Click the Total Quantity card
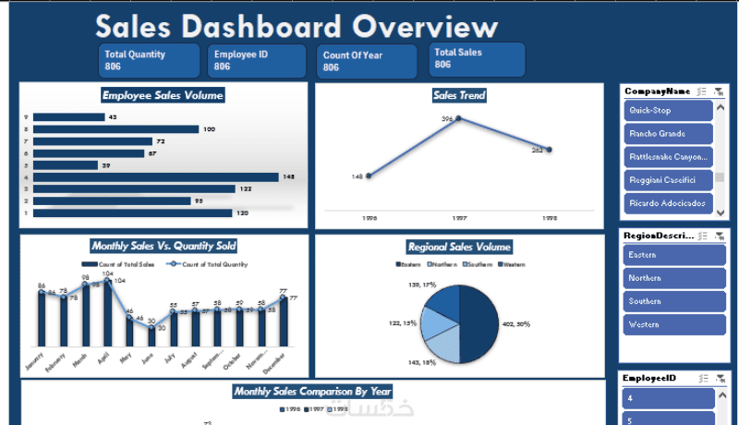click(x=149, y=60)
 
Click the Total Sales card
click(x=477, y=59)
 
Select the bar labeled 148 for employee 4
click(x=156, y=176)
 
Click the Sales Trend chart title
click(x=459, y=95)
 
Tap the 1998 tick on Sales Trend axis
click(x=549, y=219)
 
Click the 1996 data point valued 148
click(x=369, y=176)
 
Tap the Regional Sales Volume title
click(x=459, y=247)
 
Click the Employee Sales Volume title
click(x=163, y=95)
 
